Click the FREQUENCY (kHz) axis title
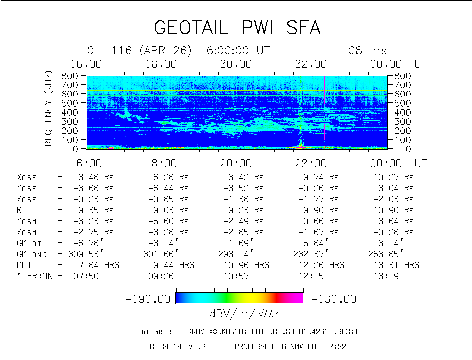49,111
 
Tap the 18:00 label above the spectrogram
162,64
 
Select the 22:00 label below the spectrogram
311,163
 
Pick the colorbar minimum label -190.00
148,299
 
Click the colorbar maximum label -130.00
334,299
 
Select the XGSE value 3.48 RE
97,177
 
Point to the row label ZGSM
28,232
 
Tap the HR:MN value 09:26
161,276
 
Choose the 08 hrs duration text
367,51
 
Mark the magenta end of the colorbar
298,298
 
